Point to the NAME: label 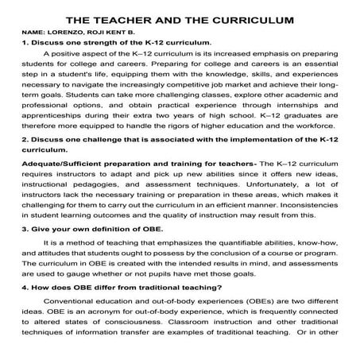click(x=36, y=33)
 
